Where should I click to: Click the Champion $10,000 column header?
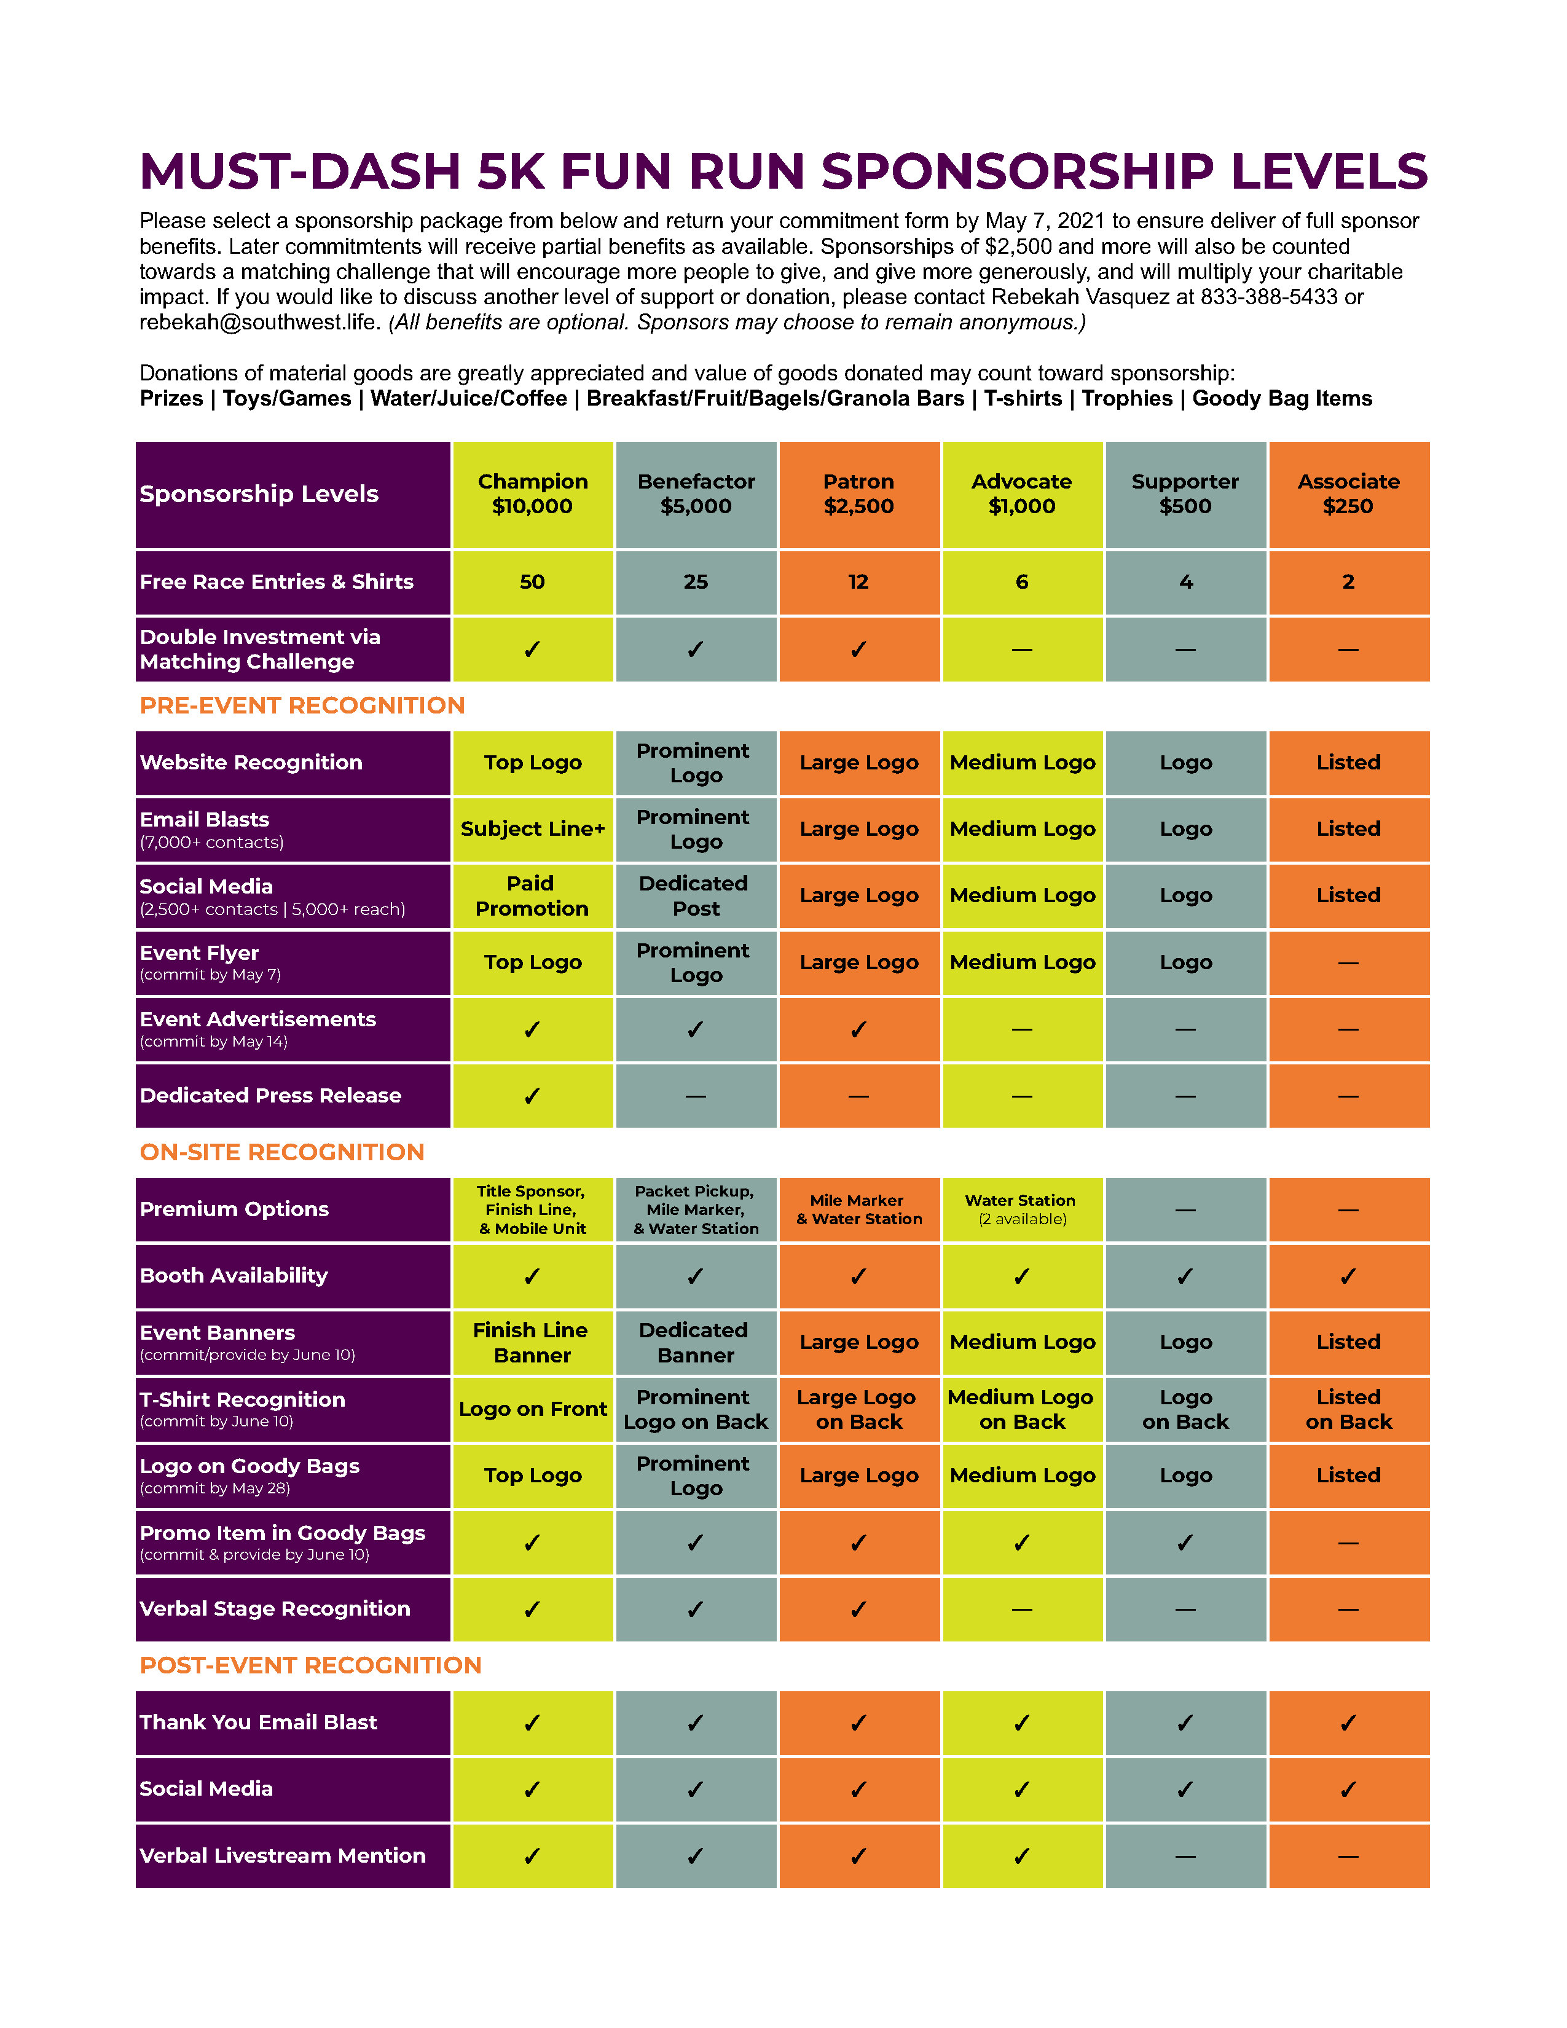coord(532,494)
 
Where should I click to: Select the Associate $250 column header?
coord(1348,494)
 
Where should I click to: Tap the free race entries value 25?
coord(695,582)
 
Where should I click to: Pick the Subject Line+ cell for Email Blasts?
coord(532,828)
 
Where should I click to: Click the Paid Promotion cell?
coord(532,895)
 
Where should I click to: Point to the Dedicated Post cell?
coord(695,895)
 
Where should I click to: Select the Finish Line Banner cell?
coord(532,1343)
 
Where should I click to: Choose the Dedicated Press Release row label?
coord(270,1096)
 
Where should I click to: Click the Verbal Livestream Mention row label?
coord(282,1855)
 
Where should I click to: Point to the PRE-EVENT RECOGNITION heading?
coord(302,705)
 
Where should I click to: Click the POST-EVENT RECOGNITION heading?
coord(310,1665)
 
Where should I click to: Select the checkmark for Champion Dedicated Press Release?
coord(532,1096)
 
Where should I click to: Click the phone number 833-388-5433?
coord(1268,297)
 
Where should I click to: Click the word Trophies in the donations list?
coord(1127,398)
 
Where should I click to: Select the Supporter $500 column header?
coord(1185,494)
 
